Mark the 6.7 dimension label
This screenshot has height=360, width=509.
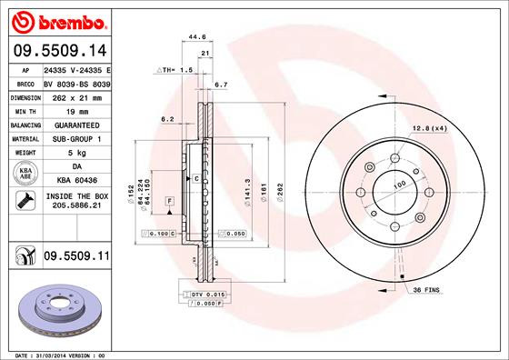[220, 85]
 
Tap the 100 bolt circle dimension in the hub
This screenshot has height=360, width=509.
[398, 185]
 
